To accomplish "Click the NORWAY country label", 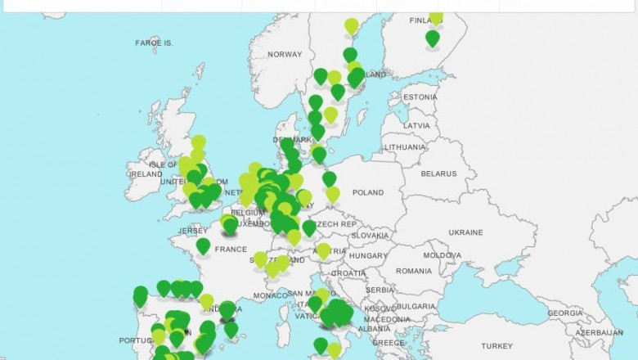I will (x=285, y=55).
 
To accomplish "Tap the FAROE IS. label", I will (x=154, y=42).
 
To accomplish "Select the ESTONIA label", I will (x=420, y=97).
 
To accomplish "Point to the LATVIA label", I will (x=416, y=125).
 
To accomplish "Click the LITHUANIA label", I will (x=404, y=147).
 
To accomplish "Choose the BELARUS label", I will (x=438, y=173).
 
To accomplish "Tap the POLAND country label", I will (x=367, y=193).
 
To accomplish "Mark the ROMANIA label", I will (x=413, y=271).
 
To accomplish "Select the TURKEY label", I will (x=496, y=345).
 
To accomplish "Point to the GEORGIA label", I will (x=565, y=313).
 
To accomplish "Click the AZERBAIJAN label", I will (x=599, y=333).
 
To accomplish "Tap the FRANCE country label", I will (x=231, y=250).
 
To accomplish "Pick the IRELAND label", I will (x=146, y=174).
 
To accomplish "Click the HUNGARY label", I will (x=367, y=256).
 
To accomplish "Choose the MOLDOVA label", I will (x=442, y=255).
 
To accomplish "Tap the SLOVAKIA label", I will (x=370, y=236).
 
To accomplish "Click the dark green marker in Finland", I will (x=433, y=38).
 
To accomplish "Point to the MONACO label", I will (x=272, y=295).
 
